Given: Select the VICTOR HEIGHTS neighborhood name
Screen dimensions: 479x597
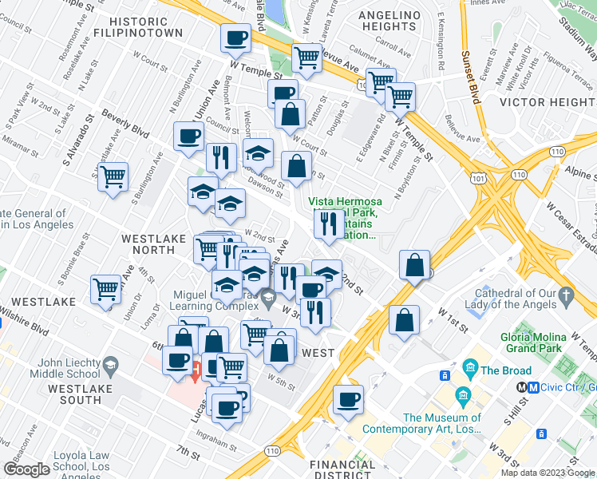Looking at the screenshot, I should click(x=548, y=102).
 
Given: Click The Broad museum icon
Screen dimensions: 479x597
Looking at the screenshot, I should click(x=470, y=370).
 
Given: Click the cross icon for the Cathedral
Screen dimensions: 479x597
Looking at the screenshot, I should click(x=567, y=296).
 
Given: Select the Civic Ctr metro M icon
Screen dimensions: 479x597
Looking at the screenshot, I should click(x=522, y=386).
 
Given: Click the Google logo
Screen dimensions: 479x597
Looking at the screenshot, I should click(x=26, y=469).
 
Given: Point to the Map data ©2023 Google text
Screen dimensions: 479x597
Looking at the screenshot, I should click(x=547, y=473).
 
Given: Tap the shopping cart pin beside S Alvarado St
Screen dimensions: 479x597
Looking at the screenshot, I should click(x=113, y=175).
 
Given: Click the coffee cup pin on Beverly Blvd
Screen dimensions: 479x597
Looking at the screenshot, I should click(x=188, y=136).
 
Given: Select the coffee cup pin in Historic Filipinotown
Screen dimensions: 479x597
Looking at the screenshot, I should click(x=236, y=37).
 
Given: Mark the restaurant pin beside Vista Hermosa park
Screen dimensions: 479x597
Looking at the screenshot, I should click(x=327, y=223).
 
